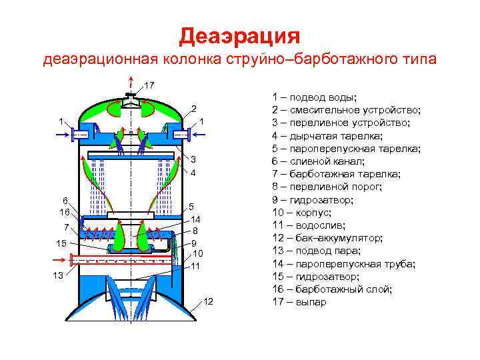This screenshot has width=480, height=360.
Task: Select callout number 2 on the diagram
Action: point(193,109)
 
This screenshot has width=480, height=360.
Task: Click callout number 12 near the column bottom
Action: point(208,303)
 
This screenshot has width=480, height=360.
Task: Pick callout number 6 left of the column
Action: point(65,201)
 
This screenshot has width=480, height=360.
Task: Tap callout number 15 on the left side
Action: point(61,243)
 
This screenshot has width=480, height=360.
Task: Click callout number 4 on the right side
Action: point(193,173)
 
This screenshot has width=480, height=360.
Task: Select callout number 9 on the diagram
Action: point(193,243)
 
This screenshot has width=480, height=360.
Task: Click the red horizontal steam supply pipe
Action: point(120,261)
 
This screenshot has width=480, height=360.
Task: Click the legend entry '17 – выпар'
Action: point(299,302)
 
